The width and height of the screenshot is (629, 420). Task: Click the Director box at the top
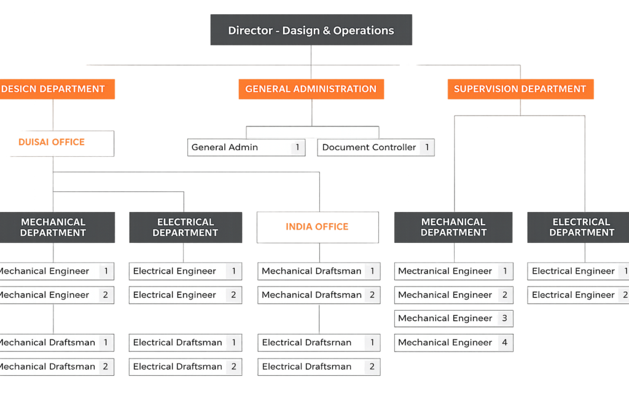[x=311, y=30]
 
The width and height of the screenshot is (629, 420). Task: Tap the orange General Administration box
[x=311, y=89]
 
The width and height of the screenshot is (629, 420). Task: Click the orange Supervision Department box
[x=520, y=89]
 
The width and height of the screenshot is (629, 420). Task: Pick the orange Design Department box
[x=54, y=89]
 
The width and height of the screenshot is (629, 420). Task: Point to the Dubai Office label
[x=52, y=142]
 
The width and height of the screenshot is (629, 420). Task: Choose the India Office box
[x=318, y=227]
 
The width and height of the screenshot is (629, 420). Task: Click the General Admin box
[x=246, y=148]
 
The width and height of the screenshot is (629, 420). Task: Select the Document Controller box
[x=375, y=148]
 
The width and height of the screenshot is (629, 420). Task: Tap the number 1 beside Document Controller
[x=427, y=148]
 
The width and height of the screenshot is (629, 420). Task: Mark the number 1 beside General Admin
[x=298, y=148]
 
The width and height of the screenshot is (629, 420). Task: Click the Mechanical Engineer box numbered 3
[x=453, y=319]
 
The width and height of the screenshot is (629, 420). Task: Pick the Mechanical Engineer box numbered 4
[x=453, y=343]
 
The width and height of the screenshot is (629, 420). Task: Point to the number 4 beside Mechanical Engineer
[x=505, y=343]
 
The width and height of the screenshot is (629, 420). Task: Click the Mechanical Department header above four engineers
[x=453, y=228]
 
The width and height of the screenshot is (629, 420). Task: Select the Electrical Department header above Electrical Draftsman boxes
[x=185, y=228]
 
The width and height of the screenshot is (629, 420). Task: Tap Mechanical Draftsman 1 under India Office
[x=318, y=271]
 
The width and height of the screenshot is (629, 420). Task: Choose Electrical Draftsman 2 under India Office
[x=318, y=367]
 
